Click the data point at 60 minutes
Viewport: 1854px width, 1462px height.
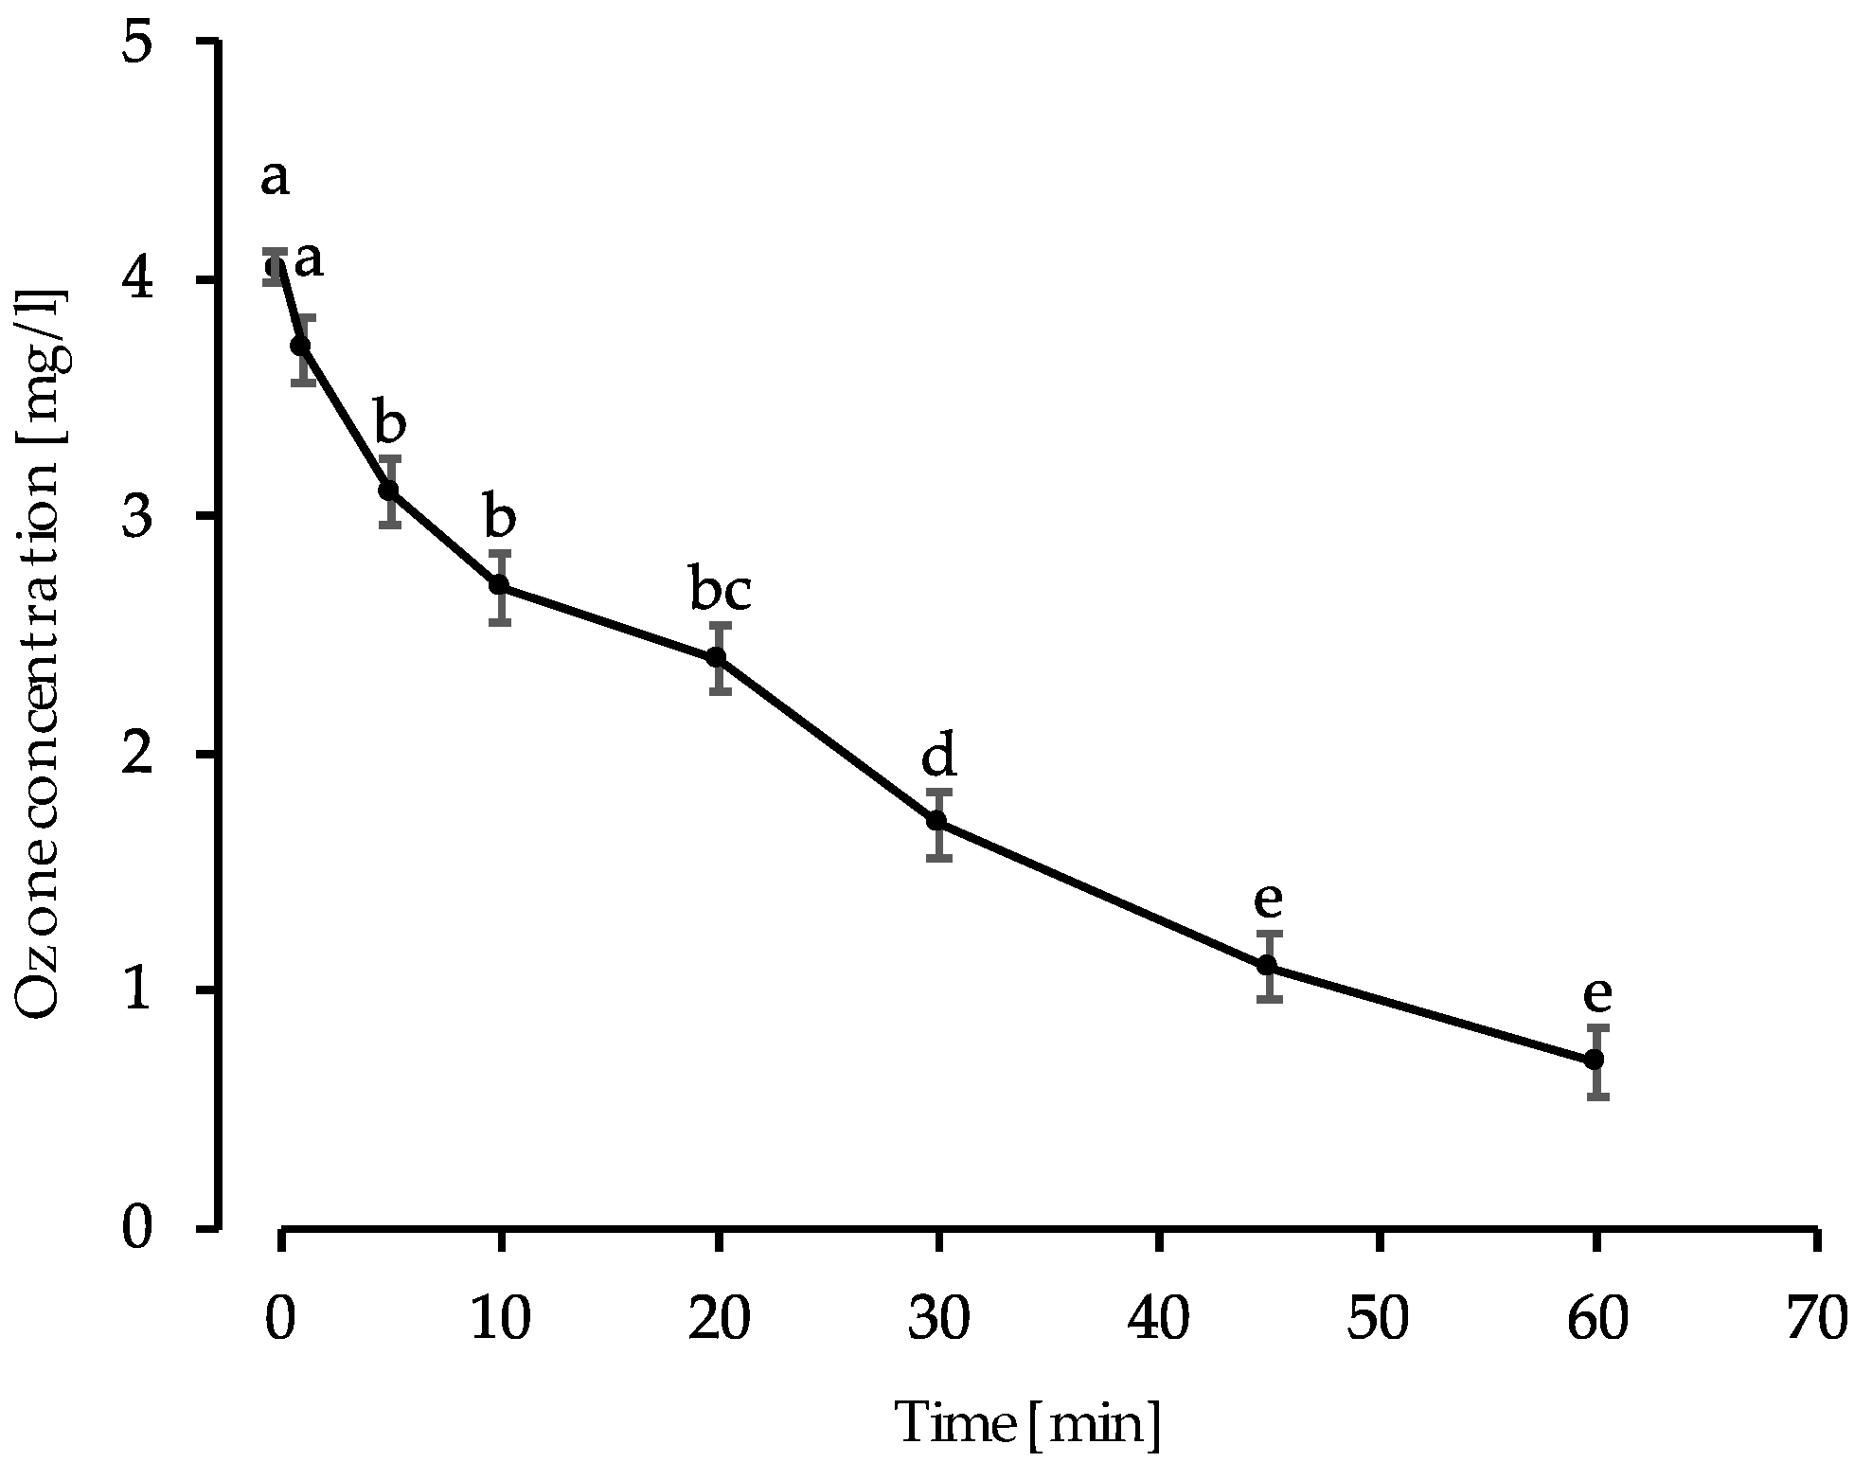[x=1594, y=1060]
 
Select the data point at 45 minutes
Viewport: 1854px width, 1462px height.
[x=1267, y=966]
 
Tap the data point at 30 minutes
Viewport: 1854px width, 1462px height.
[x=936, y=821]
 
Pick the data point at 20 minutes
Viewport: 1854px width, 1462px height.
[x=717, y=657]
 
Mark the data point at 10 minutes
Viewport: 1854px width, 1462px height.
[x=499, y=585]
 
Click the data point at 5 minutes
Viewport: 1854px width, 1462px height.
[x=388, y=490]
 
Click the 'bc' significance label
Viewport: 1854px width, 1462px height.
[x=721, y=592]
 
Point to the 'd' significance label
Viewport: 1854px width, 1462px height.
[x=939, y=756]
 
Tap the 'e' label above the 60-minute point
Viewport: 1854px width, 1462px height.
[x=1596, y=994]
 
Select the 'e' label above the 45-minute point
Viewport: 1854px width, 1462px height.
[x=1268, y=900]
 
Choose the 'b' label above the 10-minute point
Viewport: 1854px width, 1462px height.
[x=500, y=518]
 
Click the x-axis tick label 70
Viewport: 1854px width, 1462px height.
[x=1816, y=1319]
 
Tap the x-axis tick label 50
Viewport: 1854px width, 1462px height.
[x=1379, y=1319]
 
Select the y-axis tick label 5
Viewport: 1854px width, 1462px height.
[x=140, y=45]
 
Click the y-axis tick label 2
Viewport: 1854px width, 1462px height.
[x=140, y=755]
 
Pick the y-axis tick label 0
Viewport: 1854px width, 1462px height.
[x=140, y=1229]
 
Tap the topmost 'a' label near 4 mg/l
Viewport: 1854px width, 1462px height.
[x=275, y=178]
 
